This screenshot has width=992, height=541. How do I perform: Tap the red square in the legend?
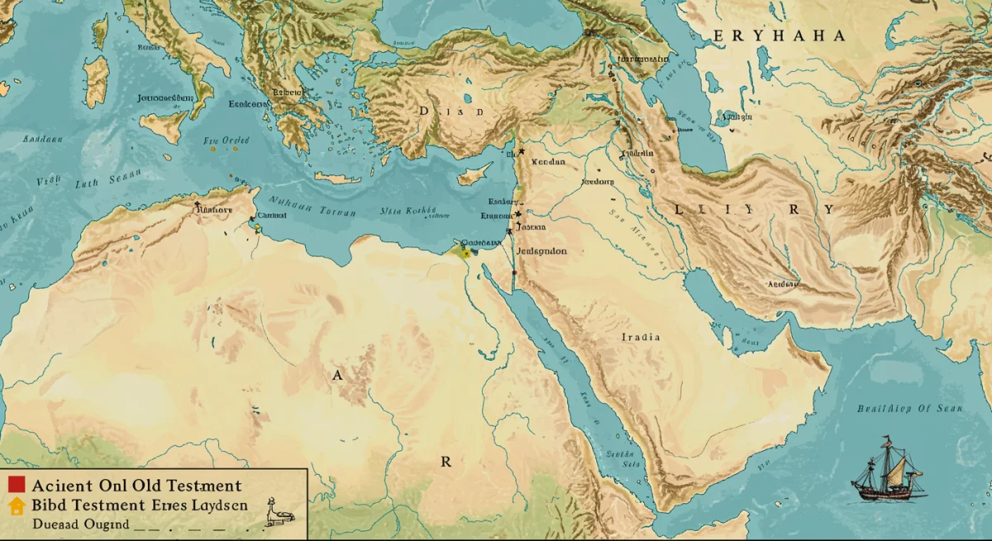coord(17,486)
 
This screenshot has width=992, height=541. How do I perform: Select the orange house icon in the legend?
coord(17,505)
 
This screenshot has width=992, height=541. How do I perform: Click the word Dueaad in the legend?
coord(57,524)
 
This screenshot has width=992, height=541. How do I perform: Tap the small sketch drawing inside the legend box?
coord(279,515)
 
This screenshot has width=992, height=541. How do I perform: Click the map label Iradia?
coord(641,338)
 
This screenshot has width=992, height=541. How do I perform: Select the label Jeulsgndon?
coord(541,251)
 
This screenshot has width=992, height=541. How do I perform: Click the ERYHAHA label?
coord(780,36)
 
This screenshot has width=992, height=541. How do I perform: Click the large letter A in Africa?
coord(336,375)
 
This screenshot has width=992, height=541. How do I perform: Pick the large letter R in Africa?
coord(446,462)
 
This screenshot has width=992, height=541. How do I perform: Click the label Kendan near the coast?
coord(547,162)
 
